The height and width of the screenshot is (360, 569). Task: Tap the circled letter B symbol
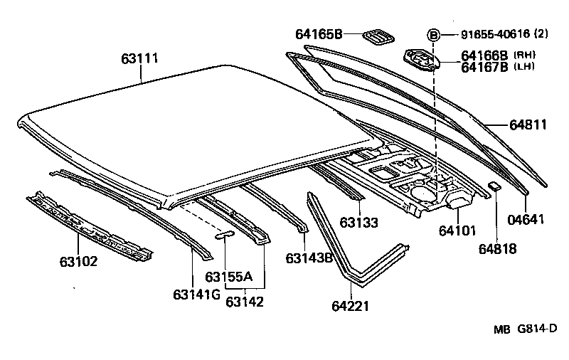pyautogui.click(x=433, y=34)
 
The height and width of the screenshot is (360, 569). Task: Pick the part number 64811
pyautogui.click(x=528, y=125)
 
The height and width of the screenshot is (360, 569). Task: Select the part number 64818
pyautogui.click(x=496, y=249)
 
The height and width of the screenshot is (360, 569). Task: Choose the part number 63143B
pyautogui.click(x=309, y=257)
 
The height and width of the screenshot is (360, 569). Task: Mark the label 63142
pyautogui.click(x=245, y=302)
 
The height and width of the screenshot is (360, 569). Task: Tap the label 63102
pyautogui.click(x=78, y=261)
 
